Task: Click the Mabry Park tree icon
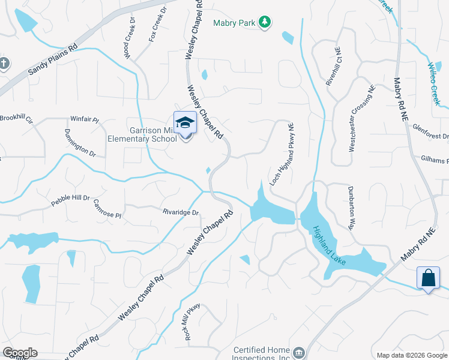pyautogui.click(x=265, y=23)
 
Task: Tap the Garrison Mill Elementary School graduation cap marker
pyautogui.click(x=185, y=124)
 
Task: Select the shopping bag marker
pyautogui.click(x=427, y=278)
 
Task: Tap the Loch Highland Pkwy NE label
pyautogui.click(x=281, y=154)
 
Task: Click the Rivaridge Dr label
pyautogui.click(x=180, y=211)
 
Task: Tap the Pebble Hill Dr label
pyautogui.click(x=70, y=200)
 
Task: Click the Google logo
pyautogui.click(x=20, y=353)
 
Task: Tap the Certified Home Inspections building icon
pyautogui.click(x=300, y=351)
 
